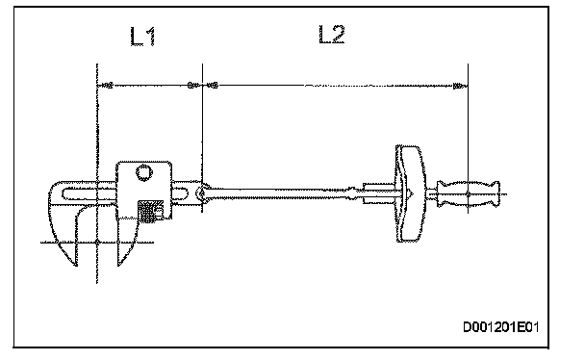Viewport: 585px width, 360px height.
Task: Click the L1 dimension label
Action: click(143, 37)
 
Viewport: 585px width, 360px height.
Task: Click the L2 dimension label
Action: click(332, 35)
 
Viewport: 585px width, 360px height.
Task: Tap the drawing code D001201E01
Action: click(501, 327)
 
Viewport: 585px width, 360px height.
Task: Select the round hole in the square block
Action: click(143, 172)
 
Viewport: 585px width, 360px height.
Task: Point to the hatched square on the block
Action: click(150, 212)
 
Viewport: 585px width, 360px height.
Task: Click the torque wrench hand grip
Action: click(469, 194)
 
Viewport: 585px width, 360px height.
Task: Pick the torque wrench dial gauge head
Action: click(409, 193)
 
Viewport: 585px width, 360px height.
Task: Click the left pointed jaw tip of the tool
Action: click(76, 266)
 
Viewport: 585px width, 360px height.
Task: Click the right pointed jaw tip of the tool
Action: click(118, 266)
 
